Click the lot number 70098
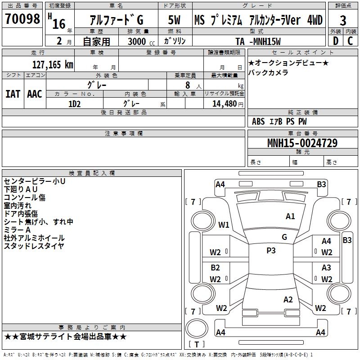coord(22,18)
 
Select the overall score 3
coord(343,20)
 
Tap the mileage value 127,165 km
coord(53,64)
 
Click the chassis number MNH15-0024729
coord(302,143)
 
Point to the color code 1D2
coord(74,104)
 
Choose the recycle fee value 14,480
coord(225,104)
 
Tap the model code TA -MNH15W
coord(258,41)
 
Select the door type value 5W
coord(174,20)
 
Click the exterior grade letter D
coord(336,41)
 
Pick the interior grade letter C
coord(350,41)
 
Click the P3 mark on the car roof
coord(271,250)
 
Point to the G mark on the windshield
coord(284,237)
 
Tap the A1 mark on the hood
coord(290,216)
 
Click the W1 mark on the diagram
coord(224,225)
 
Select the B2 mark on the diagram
coord(215,267)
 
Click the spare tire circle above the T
coord(197,328)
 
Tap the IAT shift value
coord(13,94)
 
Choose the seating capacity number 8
coord(188,85)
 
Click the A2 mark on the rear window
coord(288,299)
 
